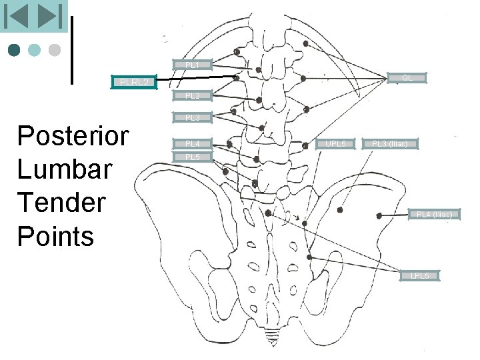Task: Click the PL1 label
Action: point(192,65)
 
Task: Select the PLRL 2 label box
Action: point(133,82)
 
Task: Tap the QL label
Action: point(407,78)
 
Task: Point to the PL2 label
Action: point(192,96)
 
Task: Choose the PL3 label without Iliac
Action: point(192,118)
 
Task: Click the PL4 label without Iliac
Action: point(192,143)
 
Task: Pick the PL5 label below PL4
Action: point(192,157)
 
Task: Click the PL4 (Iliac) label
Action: point(434,214)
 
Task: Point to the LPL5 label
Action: point(420,275)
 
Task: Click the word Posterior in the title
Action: point(73,136)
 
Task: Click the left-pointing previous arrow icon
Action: point(17,16)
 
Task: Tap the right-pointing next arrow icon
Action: point(49,16)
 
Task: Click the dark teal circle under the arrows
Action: point(15,50)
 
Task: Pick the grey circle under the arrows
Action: point(55,50)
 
